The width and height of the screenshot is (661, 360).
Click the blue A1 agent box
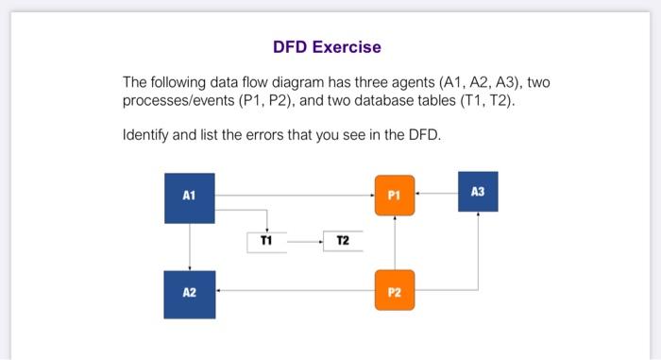[190, 197]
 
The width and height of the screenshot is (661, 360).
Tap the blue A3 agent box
[477, 192]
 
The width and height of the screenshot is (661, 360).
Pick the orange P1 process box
[394, 196]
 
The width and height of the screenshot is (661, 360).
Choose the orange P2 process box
[394, 291]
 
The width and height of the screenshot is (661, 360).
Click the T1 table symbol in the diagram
[266, 242]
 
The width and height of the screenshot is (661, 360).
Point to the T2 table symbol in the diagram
[342, 242]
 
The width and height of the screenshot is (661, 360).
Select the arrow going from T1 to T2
[304, 242]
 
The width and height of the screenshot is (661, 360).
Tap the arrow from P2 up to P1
[394, 243]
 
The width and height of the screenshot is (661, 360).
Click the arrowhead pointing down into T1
[267, 229]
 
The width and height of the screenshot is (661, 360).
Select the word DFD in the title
[291, 46]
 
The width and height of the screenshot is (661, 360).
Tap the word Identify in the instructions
[145, 135]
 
